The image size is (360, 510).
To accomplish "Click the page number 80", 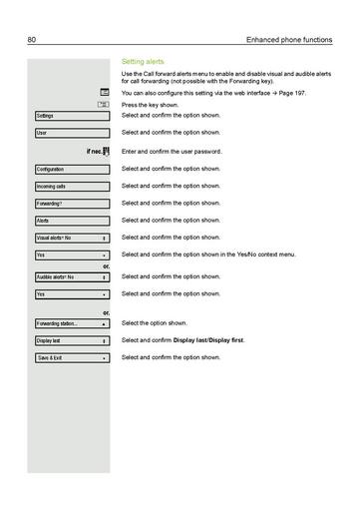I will click(33, 40).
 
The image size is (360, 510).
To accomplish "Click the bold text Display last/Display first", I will click(208, 340).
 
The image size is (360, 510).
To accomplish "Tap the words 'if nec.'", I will click(95, 152).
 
